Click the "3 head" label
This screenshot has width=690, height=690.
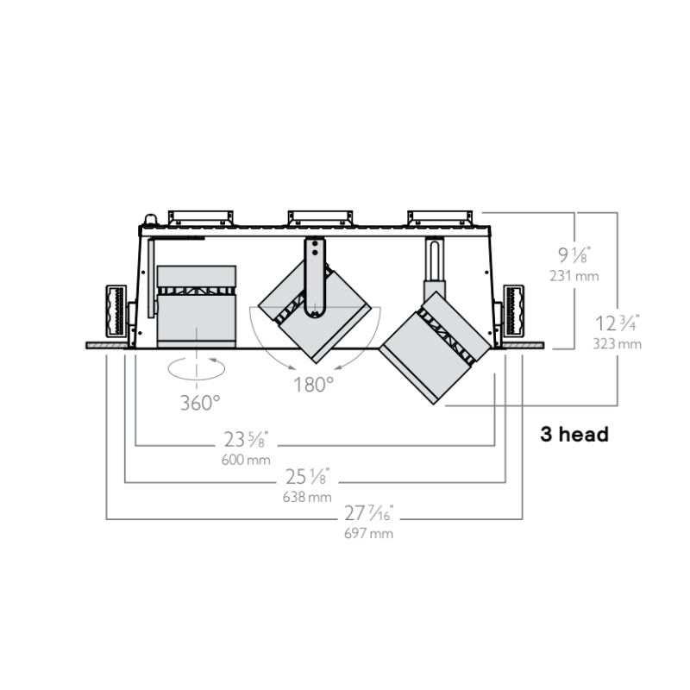tap(574, 435)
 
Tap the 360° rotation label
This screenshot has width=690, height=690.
tap(200, 403)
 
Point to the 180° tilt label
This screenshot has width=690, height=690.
tap(313, 385)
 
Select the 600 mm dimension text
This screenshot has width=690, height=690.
tap(246, 460)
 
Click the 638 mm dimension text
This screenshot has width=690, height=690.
tap(307, 497)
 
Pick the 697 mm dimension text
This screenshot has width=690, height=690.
tap(369, 533)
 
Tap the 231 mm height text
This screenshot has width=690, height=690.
tap(574, 276)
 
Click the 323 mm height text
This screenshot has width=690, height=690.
tap(617, 343)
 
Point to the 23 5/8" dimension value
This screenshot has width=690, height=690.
tap(246, 439)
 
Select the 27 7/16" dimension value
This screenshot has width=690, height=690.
tap(369, 513)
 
